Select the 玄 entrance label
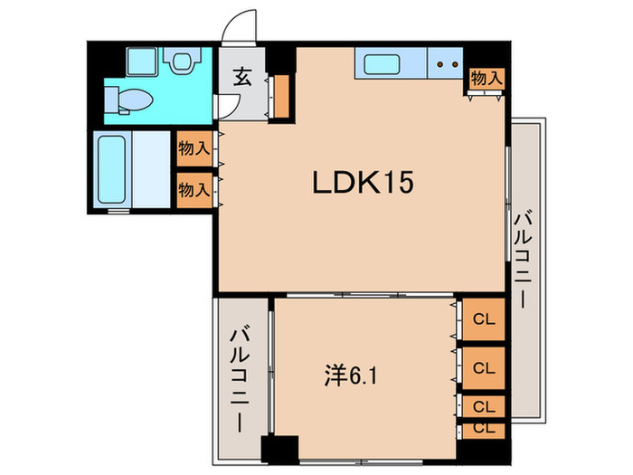(x=243, y=78)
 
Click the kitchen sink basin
(x=379, y=64)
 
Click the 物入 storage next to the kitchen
(x=487, y=79)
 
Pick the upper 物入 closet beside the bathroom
(x=194, y=147)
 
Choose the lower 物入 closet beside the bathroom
(x=194, y=190)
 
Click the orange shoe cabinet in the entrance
(x=280, y=97)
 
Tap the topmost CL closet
(x=483, y=318)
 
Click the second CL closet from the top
(x=483, y=367)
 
